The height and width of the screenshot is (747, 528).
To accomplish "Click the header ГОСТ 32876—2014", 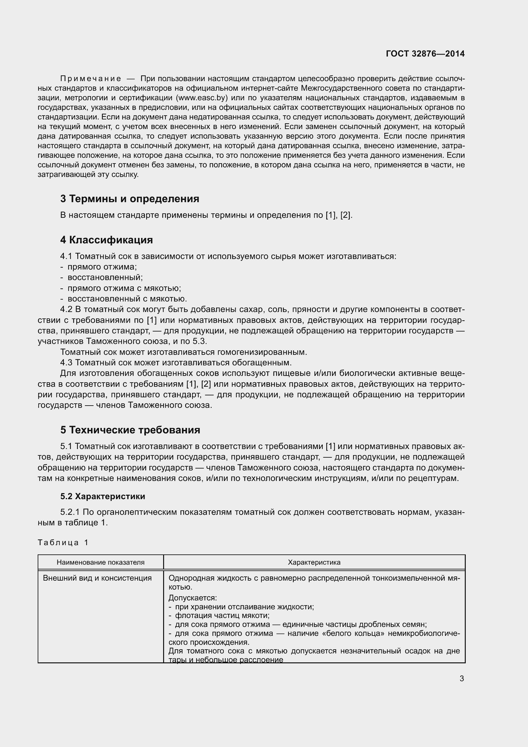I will click(425, 54).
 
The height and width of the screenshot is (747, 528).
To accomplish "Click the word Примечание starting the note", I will click(91, 79).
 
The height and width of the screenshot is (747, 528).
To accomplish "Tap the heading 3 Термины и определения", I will click(129, 199).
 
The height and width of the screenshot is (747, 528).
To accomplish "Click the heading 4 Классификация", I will click(106, 240).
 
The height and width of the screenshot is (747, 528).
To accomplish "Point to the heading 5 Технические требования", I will click(130, 430).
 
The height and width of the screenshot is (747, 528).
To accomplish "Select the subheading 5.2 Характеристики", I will click(102, 497).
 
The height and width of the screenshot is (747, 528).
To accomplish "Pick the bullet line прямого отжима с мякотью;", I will click(124, 288).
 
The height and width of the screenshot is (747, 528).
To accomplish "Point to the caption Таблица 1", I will click(63, 542).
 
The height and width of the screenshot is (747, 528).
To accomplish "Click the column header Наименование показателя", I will click(101, 562).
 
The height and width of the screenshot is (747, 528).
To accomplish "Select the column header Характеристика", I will click(314, 562).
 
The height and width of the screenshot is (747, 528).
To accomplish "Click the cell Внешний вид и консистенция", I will click(97, 578).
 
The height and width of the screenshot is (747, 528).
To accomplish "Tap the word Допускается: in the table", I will click(192, 598).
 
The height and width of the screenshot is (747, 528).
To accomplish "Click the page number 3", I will click(462, 679).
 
